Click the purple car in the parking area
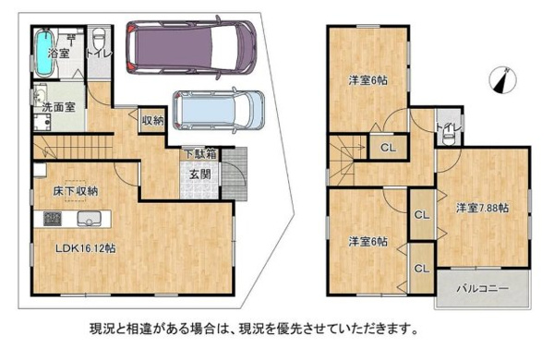190,47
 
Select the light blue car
219,111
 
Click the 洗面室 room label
59,107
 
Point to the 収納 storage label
152,121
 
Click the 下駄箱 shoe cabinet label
200,154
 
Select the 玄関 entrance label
200,174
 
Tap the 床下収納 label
76,191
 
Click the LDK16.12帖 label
85,248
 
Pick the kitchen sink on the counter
90,219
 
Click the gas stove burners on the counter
53,219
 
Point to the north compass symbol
502,80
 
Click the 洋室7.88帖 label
483,208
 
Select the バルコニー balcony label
483,289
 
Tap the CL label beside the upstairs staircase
389,148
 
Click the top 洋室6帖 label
367,80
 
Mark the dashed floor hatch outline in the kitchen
75,193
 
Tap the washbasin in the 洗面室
40,96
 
